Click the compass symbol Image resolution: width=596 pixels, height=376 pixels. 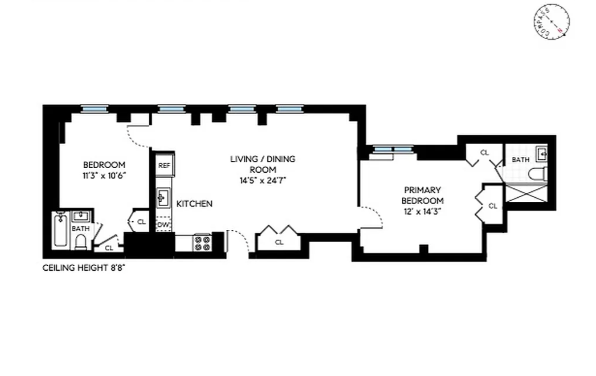tap(551, 22)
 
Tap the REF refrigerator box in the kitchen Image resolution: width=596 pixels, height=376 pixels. tap(164, 165)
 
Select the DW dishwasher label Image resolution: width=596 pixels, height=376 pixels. tap(163, 225)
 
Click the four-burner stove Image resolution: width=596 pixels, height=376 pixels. tap(202, 243)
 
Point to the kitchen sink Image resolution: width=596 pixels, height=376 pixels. tap(163, 198)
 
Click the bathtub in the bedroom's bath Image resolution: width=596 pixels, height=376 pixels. tap(61, 230)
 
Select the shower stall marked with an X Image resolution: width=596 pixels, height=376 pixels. tap(526, 193)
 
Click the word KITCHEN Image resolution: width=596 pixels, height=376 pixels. tap(194, 204)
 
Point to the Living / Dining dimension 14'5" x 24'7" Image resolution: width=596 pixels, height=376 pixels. tap(263, 181)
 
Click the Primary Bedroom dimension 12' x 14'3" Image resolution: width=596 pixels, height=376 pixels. tap(423, 211)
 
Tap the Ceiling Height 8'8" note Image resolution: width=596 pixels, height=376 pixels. tap(84, 268)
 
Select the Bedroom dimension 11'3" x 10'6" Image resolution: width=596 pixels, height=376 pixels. tap(104, 176)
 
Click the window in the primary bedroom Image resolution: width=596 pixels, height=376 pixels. tap(393, 149)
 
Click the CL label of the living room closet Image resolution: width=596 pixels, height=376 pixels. tap(279, 242)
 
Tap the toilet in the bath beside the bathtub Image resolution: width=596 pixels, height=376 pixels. tap(81, 242)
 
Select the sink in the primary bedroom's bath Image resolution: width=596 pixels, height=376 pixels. tap(542, 154)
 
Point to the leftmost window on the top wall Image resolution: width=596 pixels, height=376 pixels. tap(94, 109)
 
